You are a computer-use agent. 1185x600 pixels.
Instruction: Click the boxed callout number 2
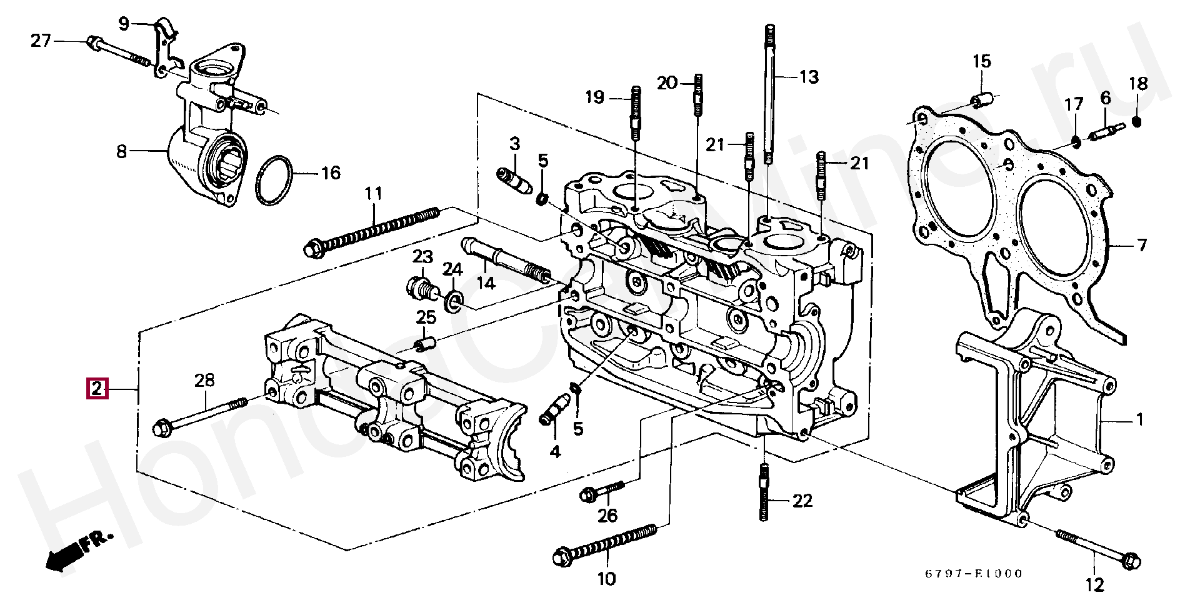97,389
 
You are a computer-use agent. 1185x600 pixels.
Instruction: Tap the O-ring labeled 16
274,180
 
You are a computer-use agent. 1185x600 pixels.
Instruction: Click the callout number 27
41,41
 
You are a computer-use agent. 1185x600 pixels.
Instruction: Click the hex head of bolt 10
564,556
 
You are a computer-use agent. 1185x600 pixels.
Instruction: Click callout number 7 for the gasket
1141,245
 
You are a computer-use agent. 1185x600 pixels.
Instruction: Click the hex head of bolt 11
312,249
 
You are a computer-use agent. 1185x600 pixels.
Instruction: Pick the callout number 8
121,151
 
